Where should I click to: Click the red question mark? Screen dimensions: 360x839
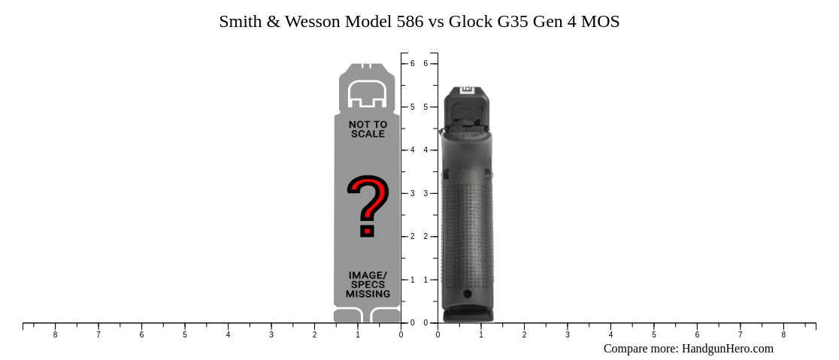point(368,205)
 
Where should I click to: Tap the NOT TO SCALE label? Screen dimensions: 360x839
point(368,129)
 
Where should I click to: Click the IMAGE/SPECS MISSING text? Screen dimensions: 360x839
point(368,285)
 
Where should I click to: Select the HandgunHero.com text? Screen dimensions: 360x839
point(727,349)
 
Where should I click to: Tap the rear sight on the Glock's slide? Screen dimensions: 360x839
point(466,89)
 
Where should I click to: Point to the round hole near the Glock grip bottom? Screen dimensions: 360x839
point(467,294)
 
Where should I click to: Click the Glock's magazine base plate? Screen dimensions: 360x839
point(468,316)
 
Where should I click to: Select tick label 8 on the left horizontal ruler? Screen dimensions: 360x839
point(55,335)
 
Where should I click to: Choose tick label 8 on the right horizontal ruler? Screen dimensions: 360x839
point(783,335)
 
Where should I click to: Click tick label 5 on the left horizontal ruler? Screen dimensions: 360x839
point(185,335)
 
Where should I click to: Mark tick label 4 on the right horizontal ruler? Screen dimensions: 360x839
point(610,335)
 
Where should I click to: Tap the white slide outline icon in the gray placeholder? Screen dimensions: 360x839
point(368,93)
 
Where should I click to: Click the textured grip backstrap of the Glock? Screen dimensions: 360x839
point(467,233)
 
